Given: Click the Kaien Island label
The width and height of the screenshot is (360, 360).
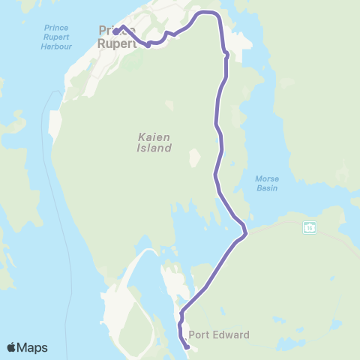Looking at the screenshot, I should coord(154,142).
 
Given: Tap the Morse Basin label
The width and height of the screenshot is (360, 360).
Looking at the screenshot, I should coord(267,183).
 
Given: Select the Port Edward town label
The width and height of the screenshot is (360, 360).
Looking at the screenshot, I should coord(219,335).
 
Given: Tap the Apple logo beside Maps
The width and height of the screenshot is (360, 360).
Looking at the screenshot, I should coord(12,347).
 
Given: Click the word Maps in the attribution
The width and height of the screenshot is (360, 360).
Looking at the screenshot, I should coord(33,347).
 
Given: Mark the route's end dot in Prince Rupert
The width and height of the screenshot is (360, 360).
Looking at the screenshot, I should coord(116,32).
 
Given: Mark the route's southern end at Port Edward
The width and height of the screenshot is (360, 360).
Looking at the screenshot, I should coord(186,347).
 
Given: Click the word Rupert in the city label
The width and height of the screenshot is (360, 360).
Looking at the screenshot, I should coord(118,43).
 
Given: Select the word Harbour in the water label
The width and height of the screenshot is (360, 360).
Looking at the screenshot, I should coord(56,46).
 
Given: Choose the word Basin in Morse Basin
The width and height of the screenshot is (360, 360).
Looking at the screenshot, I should coord(267,188).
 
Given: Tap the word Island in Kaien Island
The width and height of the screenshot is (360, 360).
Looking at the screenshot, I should coord(154,148).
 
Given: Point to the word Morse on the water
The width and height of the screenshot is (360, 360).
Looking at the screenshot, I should coord(267,178).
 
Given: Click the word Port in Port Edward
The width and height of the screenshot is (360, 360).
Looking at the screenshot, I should coord(199,335).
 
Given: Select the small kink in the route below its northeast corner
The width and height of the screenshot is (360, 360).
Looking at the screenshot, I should coord(225,53).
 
